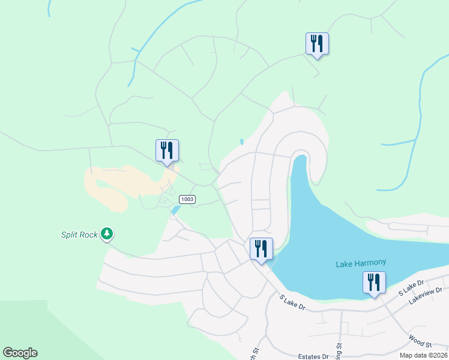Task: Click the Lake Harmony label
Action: pyautogui.click(x=360, y=263)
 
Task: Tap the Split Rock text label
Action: pyautogui.click(x=79, y=235)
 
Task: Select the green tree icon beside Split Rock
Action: pyautogui.click(x=107, y=233)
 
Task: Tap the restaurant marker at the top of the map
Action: pyautogui.click(x=317, y=44)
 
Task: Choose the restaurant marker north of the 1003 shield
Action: pyautogui.click(x=167, y=151)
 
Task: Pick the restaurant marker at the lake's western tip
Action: pyautogui.click(x=261, y=249)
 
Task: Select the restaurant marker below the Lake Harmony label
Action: pyautogui.click(x=374, y=283)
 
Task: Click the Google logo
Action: pyautogui.click(x=20, y=353)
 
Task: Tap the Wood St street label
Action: pyautogui.click(x=420, y=341)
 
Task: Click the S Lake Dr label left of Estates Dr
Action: pyautogui.click(x=293, y=302)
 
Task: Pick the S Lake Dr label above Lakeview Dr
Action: pyautogui.click(x=411, y=286)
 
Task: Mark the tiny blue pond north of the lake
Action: pyautogui.click(x=241, y=142)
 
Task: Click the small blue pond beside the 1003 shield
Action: pyautogui.click(x=175, y=210)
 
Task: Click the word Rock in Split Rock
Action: pyautogui.click(x=88, y=235)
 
